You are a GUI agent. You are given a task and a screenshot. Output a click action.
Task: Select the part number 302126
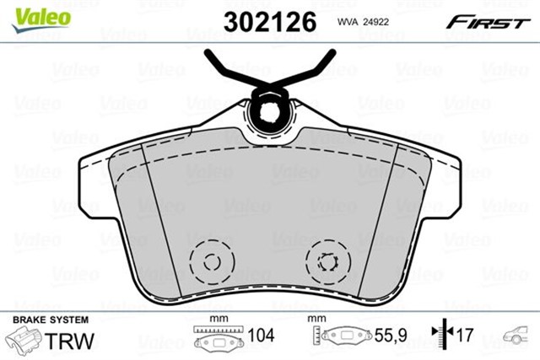pyautogui.click(x=269, y=21)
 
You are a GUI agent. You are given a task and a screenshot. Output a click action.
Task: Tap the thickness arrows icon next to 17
pyautogui.click(x=440, y=336)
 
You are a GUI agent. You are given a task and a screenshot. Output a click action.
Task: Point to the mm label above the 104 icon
pyautogui.click(x=219, y=320)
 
